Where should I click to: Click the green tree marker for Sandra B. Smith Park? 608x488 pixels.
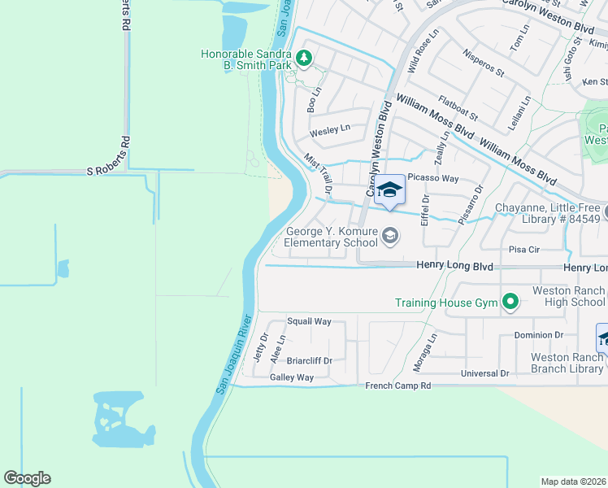click(x=303, y=58)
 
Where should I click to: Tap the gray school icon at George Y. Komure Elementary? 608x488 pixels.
click(x=390, y=237)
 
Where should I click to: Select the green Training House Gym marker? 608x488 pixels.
click(x=510, y=303)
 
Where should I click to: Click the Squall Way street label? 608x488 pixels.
click(x=309, y=321)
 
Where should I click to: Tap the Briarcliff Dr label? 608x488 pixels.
click(x=309, y=360)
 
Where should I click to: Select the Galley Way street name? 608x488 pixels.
click(x=292, y=377)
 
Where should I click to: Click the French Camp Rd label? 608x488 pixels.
click(x=397, y=385)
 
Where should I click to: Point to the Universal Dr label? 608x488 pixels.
click(x=484, y=373)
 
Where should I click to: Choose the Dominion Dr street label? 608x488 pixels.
click(x=538, y=334)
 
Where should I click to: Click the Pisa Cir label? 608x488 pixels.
click(x=524, y=250)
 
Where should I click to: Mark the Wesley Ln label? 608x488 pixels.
click(x=329, y=129)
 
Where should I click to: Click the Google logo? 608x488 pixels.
click(x=27, y=477)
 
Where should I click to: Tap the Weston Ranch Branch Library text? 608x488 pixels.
click(x=567, y=363)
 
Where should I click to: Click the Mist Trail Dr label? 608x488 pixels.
click(x=319, y=174)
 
